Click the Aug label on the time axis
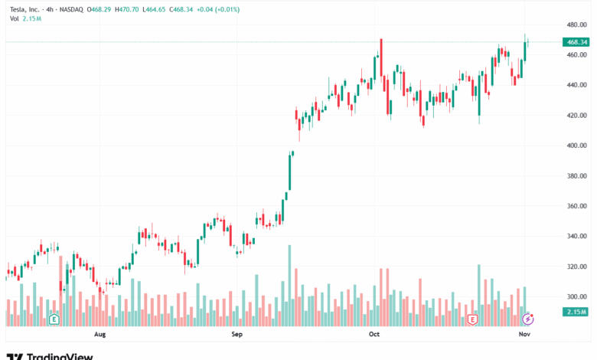coord(99,335)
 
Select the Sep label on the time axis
coord(237,335)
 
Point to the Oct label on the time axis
coord(374,335)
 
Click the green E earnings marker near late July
coord(54,318)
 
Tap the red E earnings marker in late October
coord(472,318)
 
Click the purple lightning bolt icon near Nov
coord(527,318)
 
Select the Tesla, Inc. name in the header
coord(26,8)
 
